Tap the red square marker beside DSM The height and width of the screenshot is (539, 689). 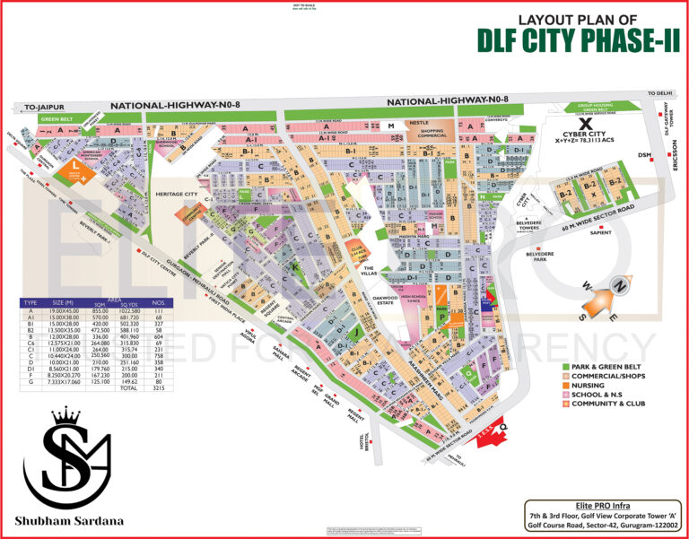click(x=653, y=154)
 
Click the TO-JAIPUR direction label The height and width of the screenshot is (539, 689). click(x=40, y=108)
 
